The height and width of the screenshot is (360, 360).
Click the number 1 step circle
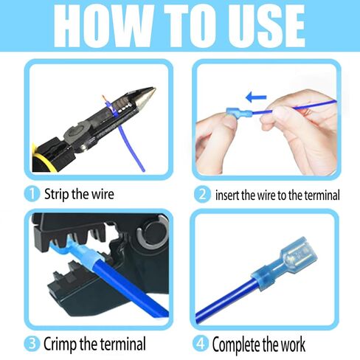[x=31, y=195]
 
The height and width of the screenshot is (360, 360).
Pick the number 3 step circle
[x=31, y=343]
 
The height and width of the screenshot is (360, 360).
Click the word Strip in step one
[x=58, y=195]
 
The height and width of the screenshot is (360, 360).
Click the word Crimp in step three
[x=62, y=343]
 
